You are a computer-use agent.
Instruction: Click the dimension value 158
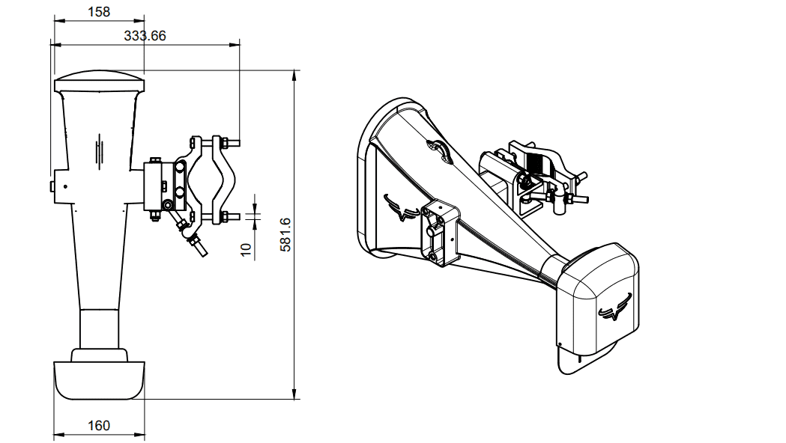point(98,11)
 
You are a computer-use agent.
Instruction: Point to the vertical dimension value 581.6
point(285,234)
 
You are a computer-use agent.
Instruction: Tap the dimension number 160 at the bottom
point(98,425)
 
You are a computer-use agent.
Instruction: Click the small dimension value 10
point(247,249)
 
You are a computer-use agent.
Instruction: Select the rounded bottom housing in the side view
point(99,379)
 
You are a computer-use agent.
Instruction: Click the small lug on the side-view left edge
point(52,185)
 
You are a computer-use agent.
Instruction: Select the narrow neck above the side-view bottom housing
point(99,329)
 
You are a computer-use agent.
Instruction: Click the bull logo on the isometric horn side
point(400,207)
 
